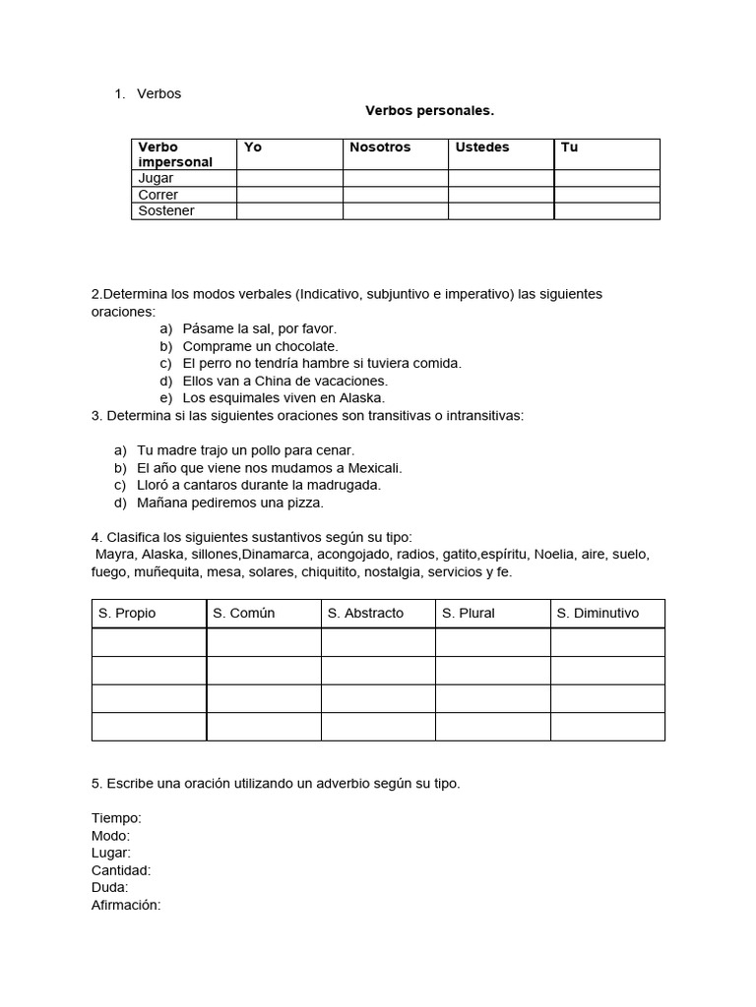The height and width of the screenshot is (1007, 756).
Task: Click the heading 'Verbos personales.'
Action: click(429, 111)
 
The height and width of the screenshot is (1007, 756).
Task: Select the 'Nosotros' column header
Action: click(380, 148)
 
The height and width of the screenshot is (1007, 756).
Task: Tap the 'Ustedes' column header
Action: click(482, 148)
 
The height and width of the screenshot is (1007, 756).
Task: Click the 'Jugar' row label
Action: click(156, 179)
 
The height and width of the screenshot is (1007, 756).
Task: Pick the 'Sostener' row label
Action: click(166, 210)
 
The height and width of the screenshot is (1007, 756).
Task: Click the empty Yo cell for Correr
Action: click(289, 195)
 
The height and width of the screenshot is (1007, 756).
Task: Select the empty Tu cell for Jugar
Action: click(606, 179)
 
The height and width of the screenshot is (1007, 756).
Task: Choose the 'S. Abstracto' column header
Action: click(365, 613)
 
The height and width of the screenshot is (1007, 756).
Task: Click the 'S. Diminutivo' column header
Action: click(598, 613)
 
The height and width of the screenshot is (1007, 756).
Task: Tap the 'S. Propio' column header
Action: click(127, 613)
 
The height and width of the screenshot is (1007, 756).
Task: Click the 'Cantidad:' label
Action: click(121, 870)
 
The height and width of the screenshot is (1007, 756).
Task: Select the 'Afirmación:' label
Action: click(125, 905)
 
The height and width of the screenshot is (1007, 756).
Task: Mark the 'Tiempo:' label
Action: click(116, 818)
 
